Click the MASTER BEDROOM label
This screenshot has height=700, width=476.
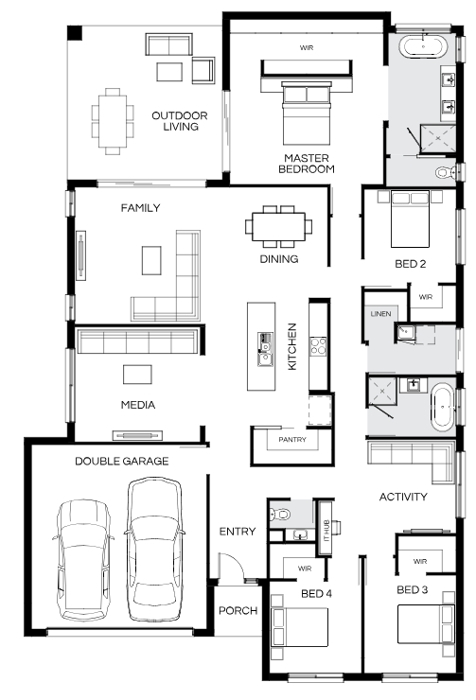(307, 164)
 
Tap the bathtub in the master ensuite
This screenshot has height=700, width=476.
(422, 46)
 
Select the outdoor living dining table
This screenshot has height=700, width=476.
(113, 121)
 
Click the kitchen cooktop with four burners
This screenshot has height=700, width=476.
(318, 346)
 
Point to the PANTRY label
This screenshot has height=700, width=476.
(292, 440)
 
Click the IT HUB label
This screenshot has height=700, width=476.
(326, 530)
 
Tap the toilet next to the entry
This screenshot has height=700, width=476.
(279, 515)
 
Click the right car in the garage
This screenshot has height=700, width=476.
(154, 550)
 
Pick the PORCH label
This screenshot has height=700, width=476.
(238, 610)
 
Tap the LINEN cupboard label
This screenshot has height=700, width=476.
(380, 314)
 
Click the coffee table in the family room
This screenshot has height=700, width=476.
(151, 260)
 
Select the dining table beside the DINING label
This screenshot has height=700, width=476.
(279, 227)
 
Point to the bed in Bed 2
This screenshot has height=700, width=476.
(410, 219)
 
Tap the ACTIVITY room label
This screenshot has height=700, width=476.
(403, 497)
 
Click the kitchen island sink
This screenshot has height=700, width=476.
(264, 350)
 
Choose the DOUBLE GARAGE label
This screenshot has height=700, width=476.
(122, 462)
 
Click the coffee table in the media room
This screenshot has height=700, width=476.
(137, 374)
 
